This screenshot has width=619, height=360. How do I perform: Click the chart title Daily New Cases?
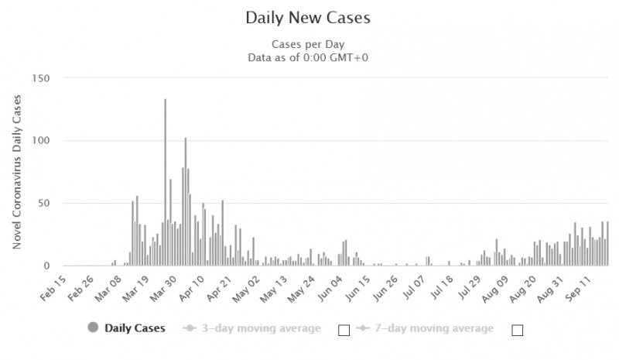coord(309,16)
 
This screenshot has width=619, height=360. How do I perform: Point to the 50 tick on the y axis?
coord(42,204)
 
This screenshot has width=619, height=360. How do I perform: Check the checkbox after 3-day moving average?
coord(344,331)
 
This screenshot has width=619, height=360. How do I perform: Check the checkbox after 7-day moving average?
coord(518,331)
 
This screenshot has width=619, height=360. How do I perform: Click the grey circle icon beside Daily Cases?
coord(94,328)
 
